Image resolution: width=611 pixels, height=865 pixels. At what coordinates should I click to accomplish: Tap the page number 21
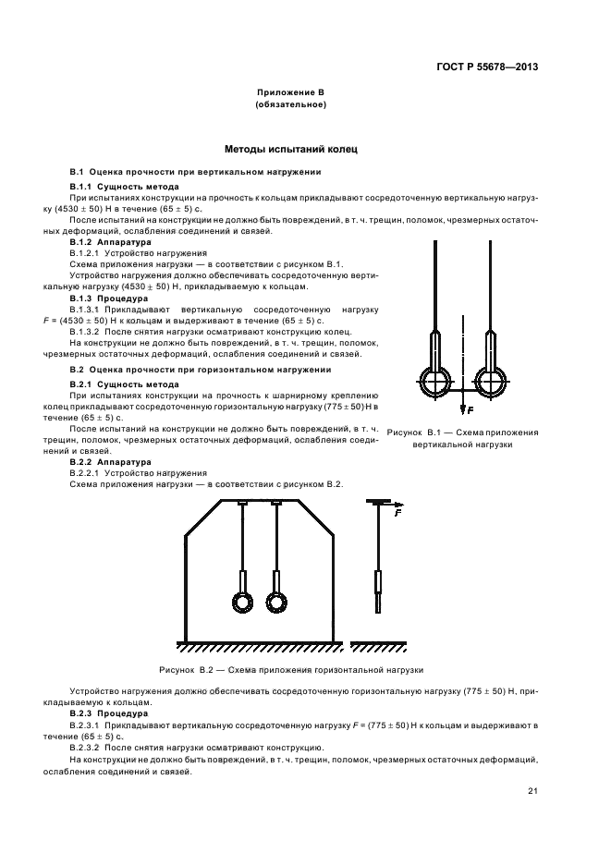pos(532,790)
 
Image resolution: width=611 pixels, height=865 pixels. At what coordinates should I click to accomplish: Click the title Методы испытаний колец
pos(290,149)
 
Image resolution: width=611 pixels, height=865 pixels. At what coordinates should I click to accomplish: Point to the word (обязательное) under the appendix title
pos(289,105)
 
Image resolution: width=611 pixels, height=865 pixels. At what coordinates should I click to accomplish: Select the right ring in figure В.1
pos(490,380)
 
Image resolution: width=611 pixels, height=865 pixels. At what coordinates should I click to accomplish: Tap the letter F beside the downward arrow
pos(470,409)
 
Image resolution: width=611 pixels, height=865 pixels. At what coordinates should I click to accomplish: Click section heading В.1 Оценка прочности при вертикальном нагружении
pos(196,172)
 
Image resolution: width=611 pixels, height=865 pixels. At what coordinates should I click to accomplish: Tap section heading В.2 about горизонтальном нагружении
pos(201,369)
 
